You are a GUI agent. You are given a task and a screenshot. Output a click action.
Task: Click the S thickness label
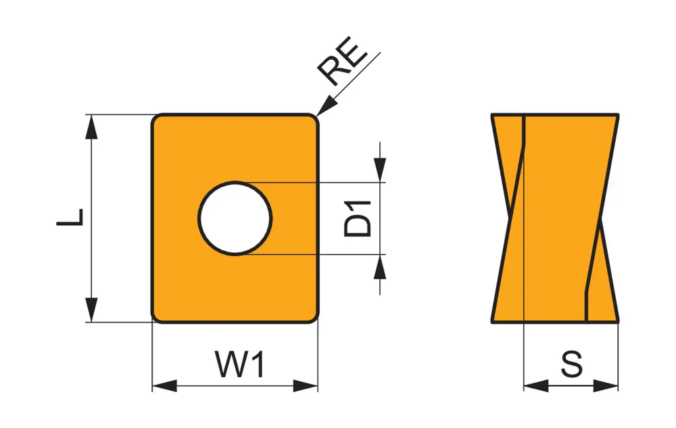[571, 365]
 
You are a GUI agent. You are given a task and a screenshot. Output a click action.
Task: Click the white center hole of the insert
[235, 218]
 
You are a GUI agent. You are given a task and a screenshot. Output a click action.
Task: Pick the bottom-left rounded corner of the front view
[155, 318]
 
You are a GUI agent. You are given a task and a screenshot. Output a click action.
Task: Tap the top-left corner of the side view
[492, 115]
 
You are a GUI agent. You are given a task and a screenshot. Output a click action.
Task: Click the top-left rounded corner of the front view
[155, 118]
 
